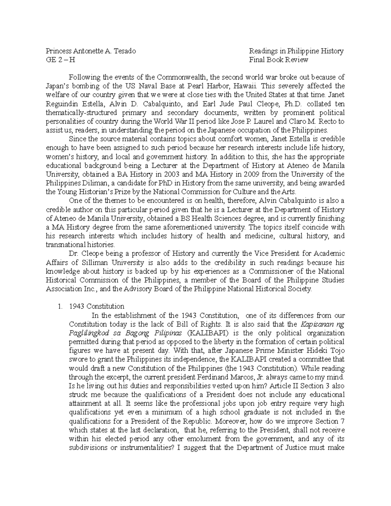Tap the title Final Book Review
click(x=279, y=60)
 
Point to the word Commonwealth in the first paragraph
click(x=181, y=78)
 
